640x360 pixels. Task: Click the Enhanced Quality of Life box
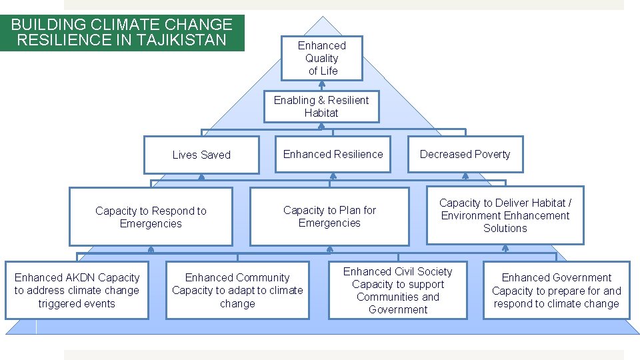322,58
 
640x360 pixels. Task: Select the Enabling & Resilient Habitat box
321,107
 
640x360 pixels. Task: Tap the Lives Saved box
201,155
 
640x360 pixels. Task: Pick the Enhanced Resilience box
333,154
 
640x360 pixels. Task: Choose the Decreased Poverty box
465,154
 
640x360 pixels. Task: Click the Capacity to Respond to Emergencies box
151,217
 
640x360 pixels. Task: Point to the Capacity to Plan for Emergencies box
329,216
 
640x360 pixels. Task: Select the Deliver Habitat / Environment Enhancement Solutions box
505,215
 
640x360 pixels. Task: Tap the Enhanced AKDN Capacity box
77,290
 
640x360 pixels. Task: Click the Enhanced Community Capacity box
237,290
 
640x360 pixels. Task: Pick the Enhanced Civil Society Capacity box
397,290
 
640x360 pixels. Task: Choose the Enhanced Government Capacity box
556,290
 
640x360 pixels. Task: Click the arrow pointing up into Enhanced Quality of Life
321,84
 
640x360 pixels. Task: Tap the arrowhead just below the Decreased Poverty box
465,177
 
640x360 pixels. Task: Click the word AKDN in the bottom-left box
81,277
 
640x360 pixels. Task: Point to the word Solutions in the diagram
505,228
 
